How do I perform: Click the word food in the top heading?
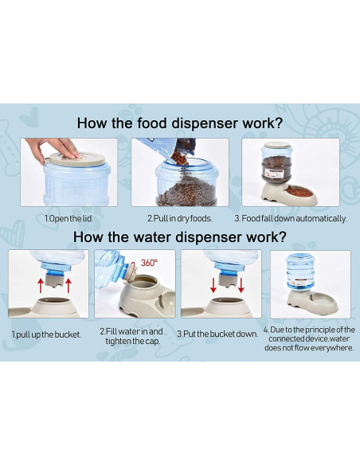(x=152, y=123)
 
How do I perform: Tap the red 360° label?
(x=149, y=263)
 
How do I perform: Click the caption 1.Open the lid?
(x=68, y=219)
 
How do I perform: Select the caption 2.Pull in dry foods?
(x=180, y=219)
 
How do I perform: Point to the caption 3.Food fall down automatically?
(x=291, y=219)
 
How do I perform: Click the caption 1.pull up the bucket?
(x=46, y=334)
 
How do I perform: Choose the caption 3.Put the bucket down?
(x=217, y=334)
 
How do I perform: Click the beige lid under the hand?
(x=76, y=159)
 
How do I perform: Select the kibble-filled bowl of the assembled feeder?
(x=300, y=192)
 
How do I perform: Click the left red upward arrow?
(x=41, y=286)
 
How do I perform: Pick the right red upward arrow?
(x=68, y=286)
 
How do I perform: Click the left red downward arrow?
(x=213, y=285)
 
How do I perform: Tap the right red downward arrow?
(x=241, y=285)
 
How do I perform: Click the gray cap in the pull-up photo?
(x=55, y=280)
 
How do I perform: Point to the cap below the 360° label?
(x=131, y=272)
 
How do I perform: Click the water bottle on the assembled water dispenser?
(x=300, y=272)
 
